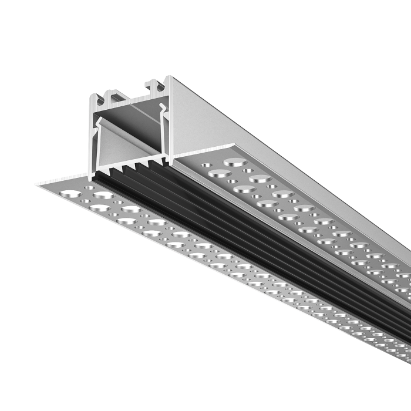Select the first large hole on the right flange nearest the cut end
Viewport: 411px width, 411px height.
tap(235, 161)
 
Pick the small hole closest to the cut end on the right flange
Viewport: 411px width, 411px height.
tap(207, 166)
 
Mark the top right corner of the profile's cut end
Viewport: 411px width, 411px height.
tap(170, 76)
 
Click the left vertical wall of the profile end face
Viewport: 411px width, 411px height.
tap(92, 141)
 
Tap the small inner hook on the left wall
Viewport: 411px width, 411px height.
tap(100, 123)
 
